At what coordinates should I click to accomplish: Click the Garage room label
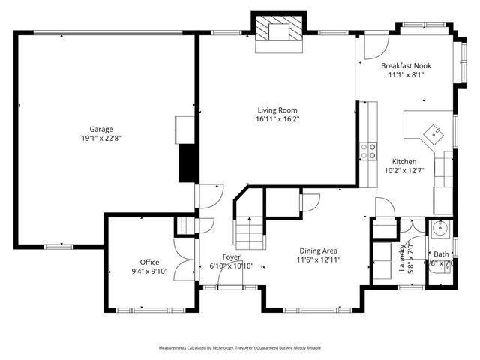[101, 129]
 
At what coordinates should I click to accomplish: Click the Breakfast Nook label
[405, 65]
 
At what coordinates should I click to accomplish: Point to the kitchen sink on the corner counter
[433, 132]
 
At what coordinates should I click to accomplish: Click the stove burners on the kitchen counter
[367, 151]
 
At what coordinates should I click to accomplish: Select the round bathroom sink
[439, 229]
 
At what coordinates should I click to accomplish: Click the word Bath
[441, 254]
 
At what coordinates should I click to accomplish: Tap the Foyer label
[231, 256]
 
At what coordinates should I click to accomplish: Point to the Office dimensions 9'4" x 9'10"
[149, 271]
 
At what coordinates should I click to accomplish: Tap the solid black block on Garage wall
[187, 162]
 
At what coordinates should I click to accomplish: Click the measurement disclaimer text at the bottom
[240, 348]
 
